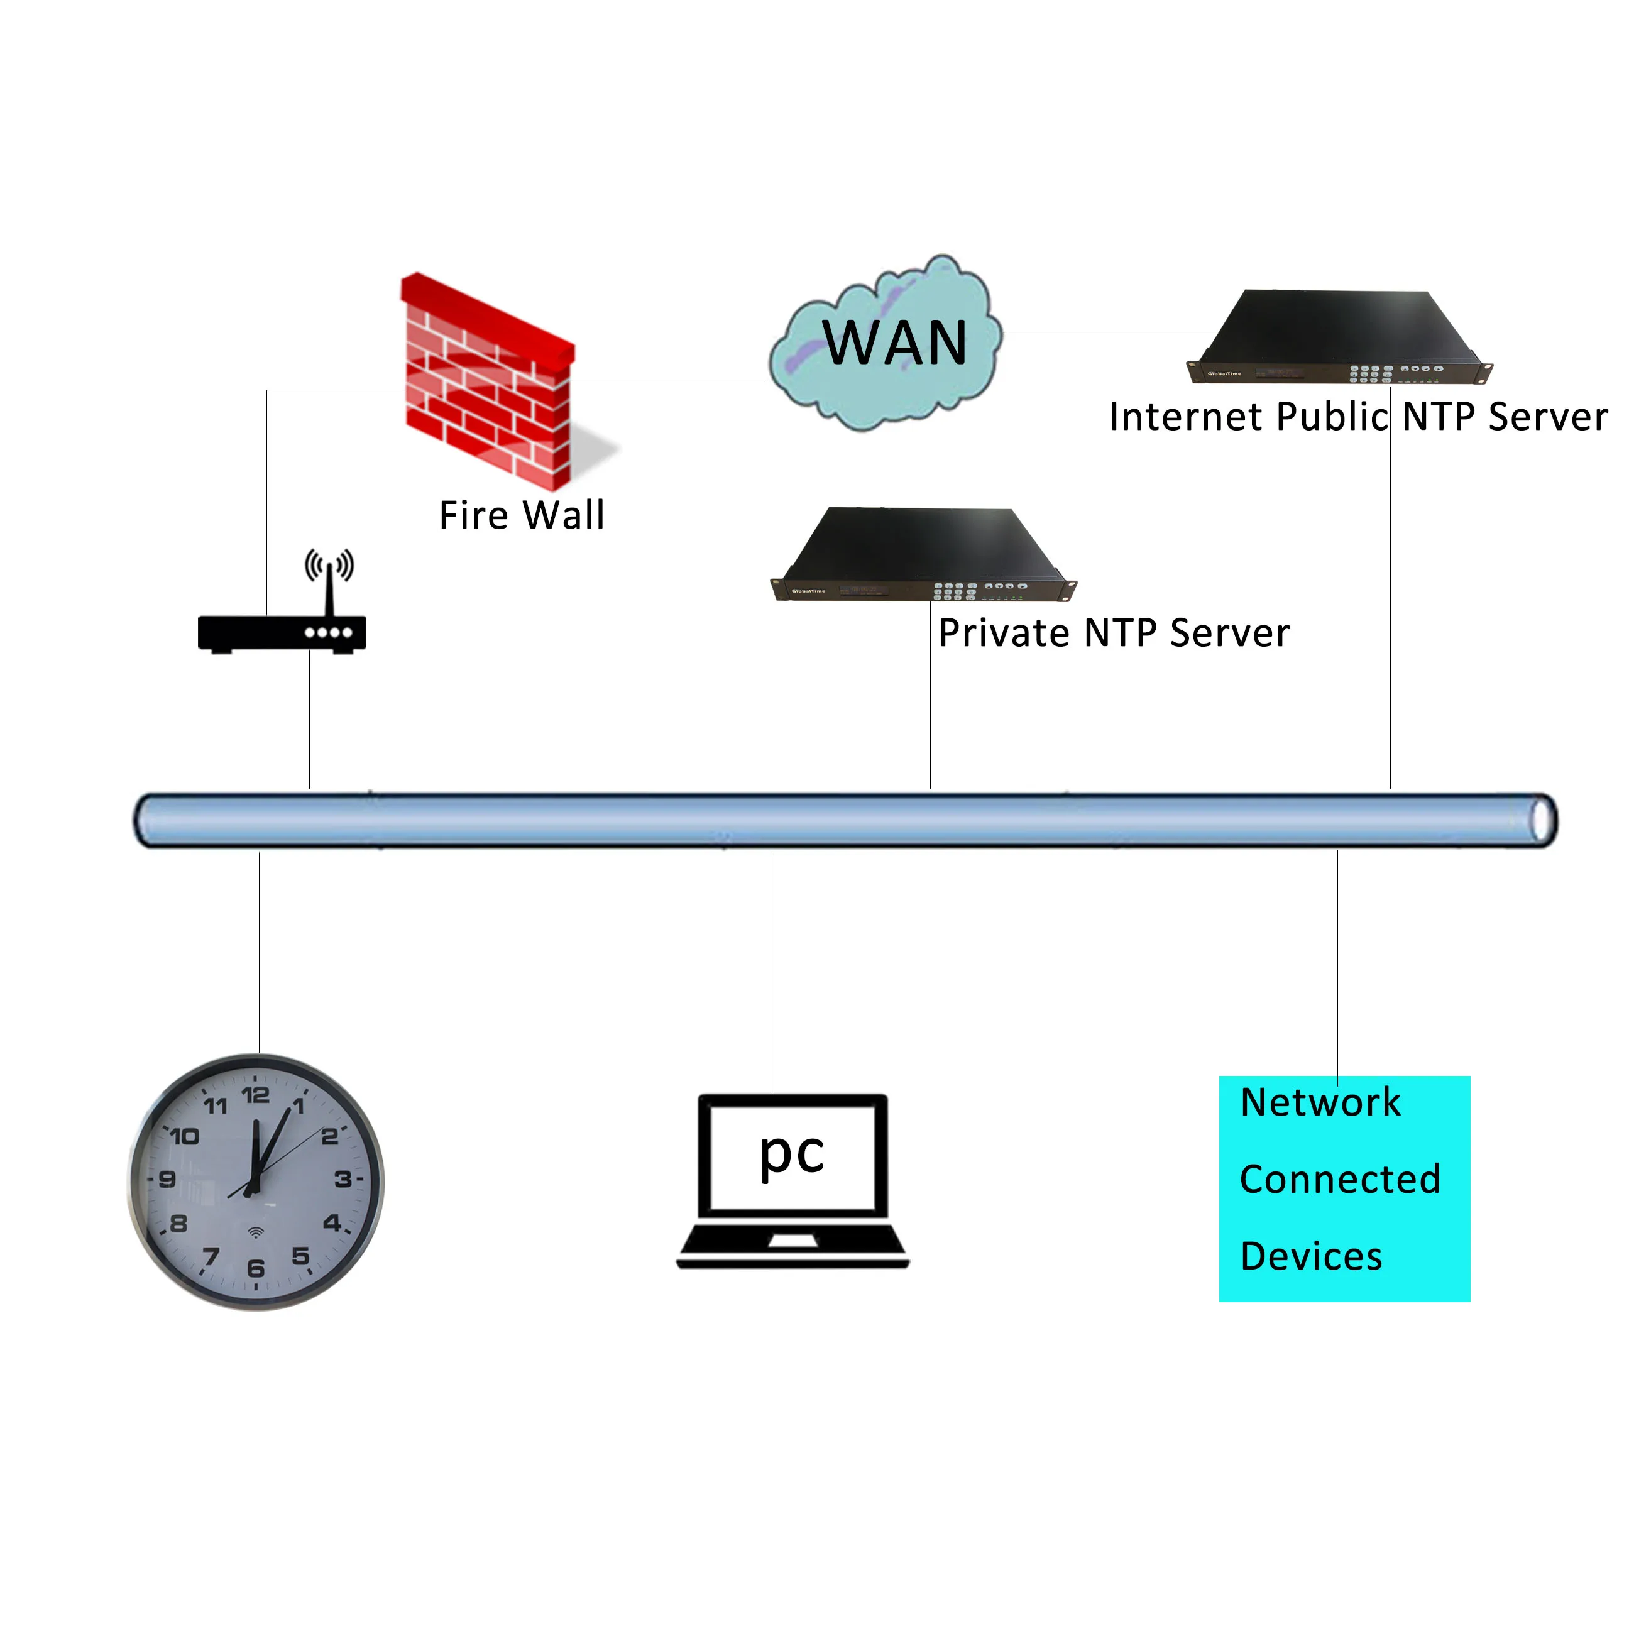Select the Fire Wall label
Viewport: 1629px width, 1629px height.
pos(522,515)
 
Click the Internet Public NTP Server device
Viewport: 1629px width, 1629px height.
pos(1338,337)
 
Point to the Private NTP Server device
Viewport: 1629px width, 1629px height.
pos(923,554)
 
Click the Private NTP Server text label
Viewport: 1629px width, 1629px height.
pos(1114,633)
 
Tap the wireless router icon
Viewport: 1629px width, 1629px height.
pos(282,632)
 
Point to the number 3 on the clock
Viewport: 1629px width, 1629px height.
pos(343,1179)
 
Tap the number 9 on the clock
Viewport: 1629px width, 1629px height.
pos(167,1179)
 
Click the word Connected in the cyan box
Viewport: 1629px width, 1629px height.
pos(1340,1179)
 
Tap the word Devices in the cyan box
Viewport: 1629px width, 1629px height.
pos(1311,1256)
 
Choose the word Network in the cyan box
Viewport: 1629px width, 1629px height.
pos(1320,1102)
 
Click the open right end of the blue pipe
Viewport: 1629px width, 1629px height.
pos(1543,820)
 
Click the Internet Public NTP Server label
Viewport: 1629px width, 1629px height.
pos(1358,417)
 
